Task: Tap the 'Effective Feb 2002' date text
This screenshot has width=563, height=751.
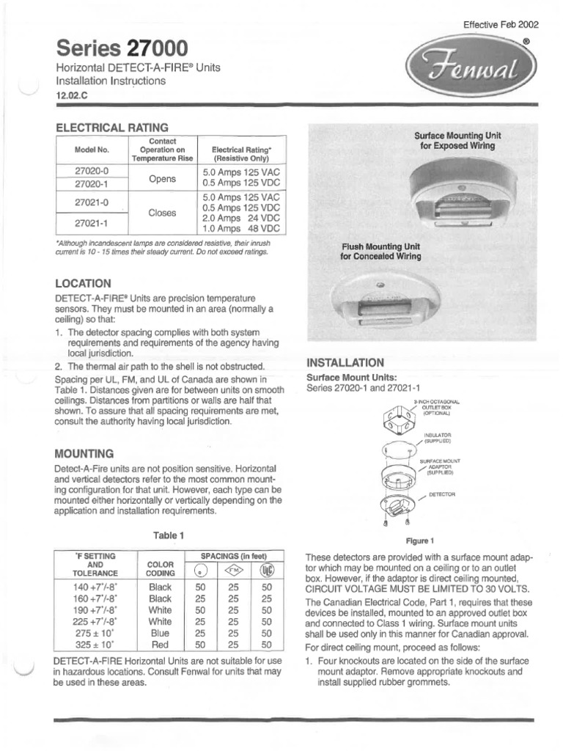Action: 501,24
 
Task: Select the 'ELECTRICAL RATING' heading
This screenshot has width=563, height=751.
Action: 112,127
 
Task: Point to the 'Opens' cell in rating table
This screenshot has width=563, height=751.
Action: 162,178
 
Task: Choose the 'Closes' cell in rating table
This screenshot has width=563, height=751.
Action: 162,213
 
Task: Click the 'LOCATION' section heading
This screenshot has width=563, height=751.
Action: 84,283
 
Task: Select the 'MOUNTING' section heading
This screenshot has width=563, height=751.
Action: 84,453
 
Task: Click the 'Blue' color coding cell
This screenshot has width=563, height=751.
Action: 160,633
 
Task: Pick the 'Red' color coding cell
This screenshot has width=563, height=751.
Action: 160,645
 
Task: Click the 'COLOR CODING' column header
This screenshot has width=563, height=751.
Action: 160,568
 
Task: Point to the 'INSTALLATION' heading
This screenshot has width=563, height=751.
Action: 345,362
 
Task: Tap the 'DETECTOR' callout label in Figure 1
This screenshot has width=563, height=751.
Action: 442,494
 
